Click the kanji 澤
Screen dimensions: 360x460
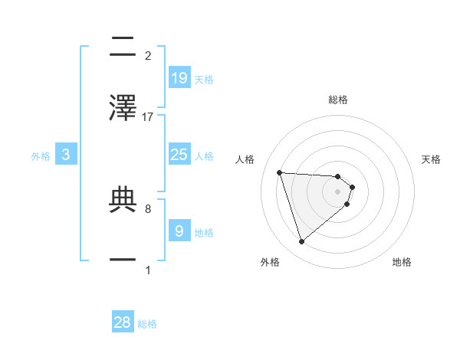(x=123, y=108)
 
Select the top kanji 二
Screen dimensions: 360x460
(x=123, y=47)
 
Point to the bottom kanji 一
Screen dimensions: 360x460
(x=123, y=259)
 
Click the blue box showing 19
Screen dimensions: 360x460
(x=179, y=77)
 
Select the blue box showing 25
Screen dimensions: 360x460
(x=179, y=155)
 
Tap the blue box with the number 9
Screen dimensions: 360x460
(x=179, y=231)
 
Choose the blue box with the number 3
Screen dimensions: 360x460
(x=66, y=155)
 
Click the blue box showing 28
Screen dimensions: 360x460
(x=123, y=322)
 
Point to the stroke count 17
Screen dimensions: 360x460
(x=148, y=116)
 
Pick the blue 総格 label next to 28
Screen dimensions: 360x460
(x=147, y=324)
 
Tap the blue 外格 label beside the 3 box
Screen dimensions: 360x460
(x=41, y=155)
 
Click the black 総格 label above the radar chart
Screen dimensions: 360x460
(x=338, y=100)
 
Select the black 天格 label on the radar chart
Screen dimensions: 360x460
(x=432, y=159)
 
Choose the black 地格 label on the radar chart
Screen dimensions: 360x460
(x=402, y=262)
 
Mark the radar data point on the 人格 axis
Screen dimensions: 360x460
(x=280, y=172)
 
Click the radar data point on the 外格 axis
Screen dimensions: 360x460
(x=302, y=242)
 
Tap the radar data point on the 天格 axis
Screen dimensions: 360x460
(x=352, y=187)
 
